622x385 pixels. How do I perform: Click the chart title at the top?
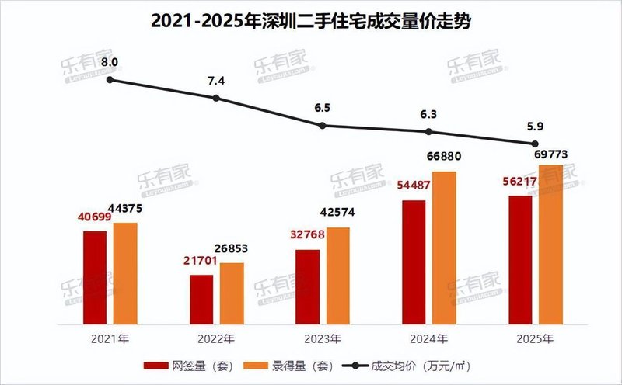pos(311,21)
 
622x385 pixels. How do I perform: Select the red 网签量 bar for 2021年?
pos(95,278)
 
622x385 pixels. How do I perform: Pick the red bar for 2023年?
pos(308,287)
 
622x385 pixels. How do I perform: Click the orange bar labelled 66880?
pos(444,248)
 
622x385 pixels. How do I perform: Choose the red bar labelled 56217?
pos(520,260)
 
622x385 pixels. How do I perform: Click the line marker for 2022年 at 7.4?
pos(216,98)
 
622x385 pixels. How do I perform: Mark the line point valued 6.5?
pos(323,126)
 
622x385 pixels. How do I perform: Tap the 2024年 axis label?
pos(428,339)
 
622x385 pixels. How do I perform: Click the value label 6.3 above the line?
pos(428,114)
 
